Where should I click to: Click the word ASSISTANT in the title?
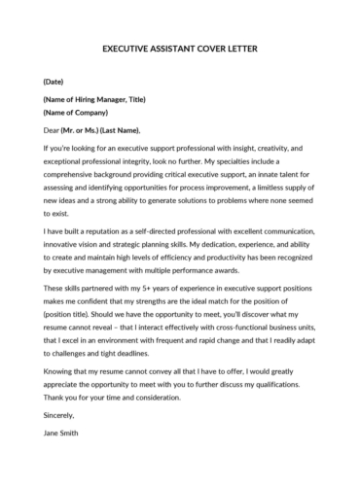point(166,48)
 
